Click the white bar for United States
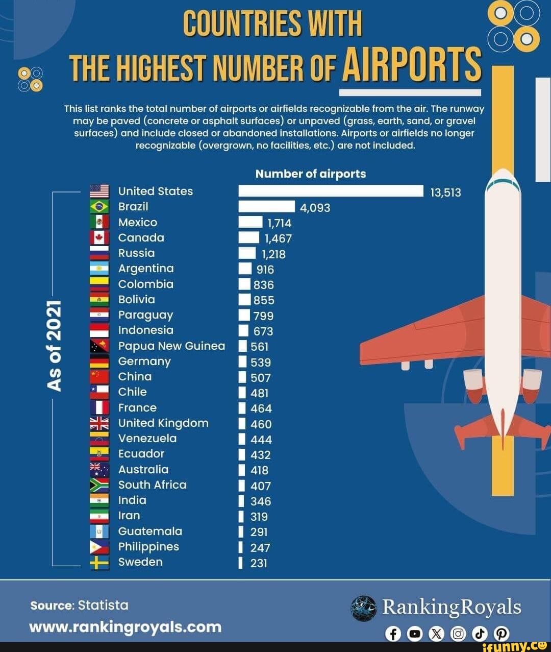[x=331, y=191]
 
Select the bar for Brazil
[x=266, y=206]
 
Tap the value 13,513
[x=445, y=192]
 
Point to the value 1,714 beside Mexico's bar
[x=279, y=223]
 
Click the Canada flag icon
[x=99, y=237]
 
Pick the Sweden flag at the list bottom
[x=99, y=562]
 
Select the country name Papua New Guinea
[x=171, y=346]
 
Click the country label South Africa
[x=152, y=485]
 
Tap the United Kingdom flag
[x=99, y=423]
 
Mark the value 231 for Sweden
[x=259, y=563]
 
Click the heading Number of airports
[x=310, y=174]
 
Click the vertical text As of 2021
[x=55, y=346]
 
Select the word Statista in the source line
[x=103, y=605]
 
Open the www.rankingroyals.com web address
[x=126, y=626]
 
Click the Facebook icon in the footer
[x=393, y=634]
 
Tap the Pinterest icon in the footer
[x=502, y=634]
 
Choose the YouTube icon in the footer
[x=415, y=634]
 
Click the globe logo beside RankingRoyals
[x=364, y=608]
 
